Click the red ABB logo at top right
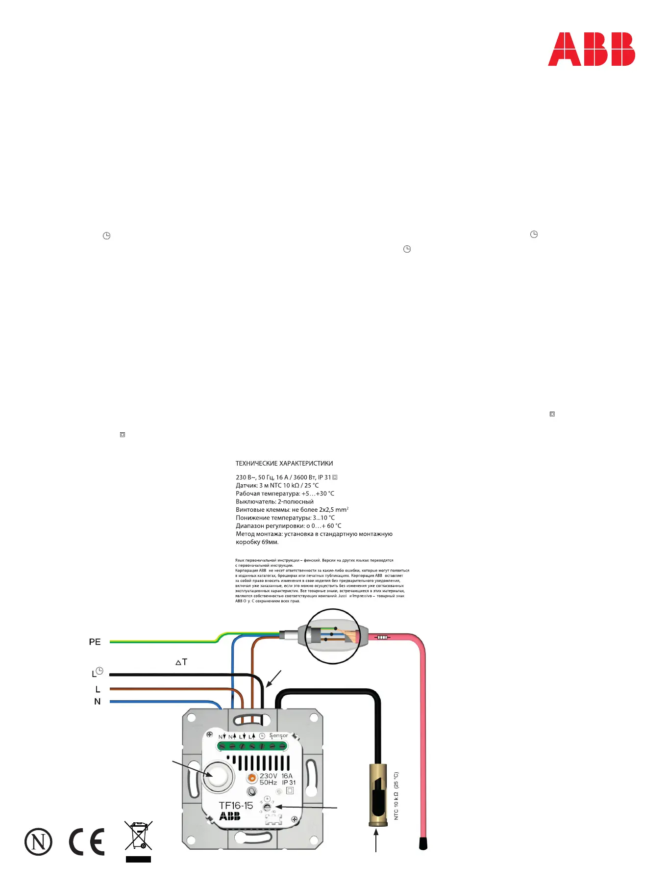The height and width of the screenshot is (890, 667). [591, 49]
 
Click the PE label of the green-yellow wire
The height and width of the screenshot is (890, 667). [95, 642]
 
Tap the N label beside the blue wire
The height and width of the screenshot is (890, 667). [97, 702]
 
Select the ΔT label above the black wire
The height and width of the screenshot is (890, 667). [181, 662]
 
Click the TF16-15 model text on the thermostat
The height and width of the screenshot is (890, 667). [236, 806]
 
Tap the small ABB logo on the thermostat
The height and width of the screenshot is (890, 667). [230, 816]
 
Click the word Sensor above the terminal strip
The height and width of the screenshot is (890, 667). [278, 735]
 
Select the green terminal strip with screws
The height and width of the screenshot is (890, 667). [252, 746]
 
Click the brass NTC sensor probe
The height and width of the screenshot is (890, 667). [377, 795]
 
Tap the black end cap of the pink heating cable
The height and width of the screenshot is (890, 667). [423, 843]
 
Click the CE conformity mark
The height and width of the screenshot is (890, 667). [87, 841]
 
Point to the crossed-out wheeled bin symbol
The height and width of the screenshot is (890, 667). [139, 836]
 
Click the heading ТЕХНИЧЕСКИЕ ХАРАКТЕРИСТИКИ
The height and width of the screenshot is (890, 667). [284, 463]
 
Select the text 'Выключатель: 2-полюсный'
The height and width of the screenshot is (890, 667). [274, 501]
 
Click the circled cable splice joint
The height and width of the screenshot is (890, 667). [333, 636]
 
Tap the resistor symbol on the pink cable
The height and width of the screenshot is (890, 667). [382, 637]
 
